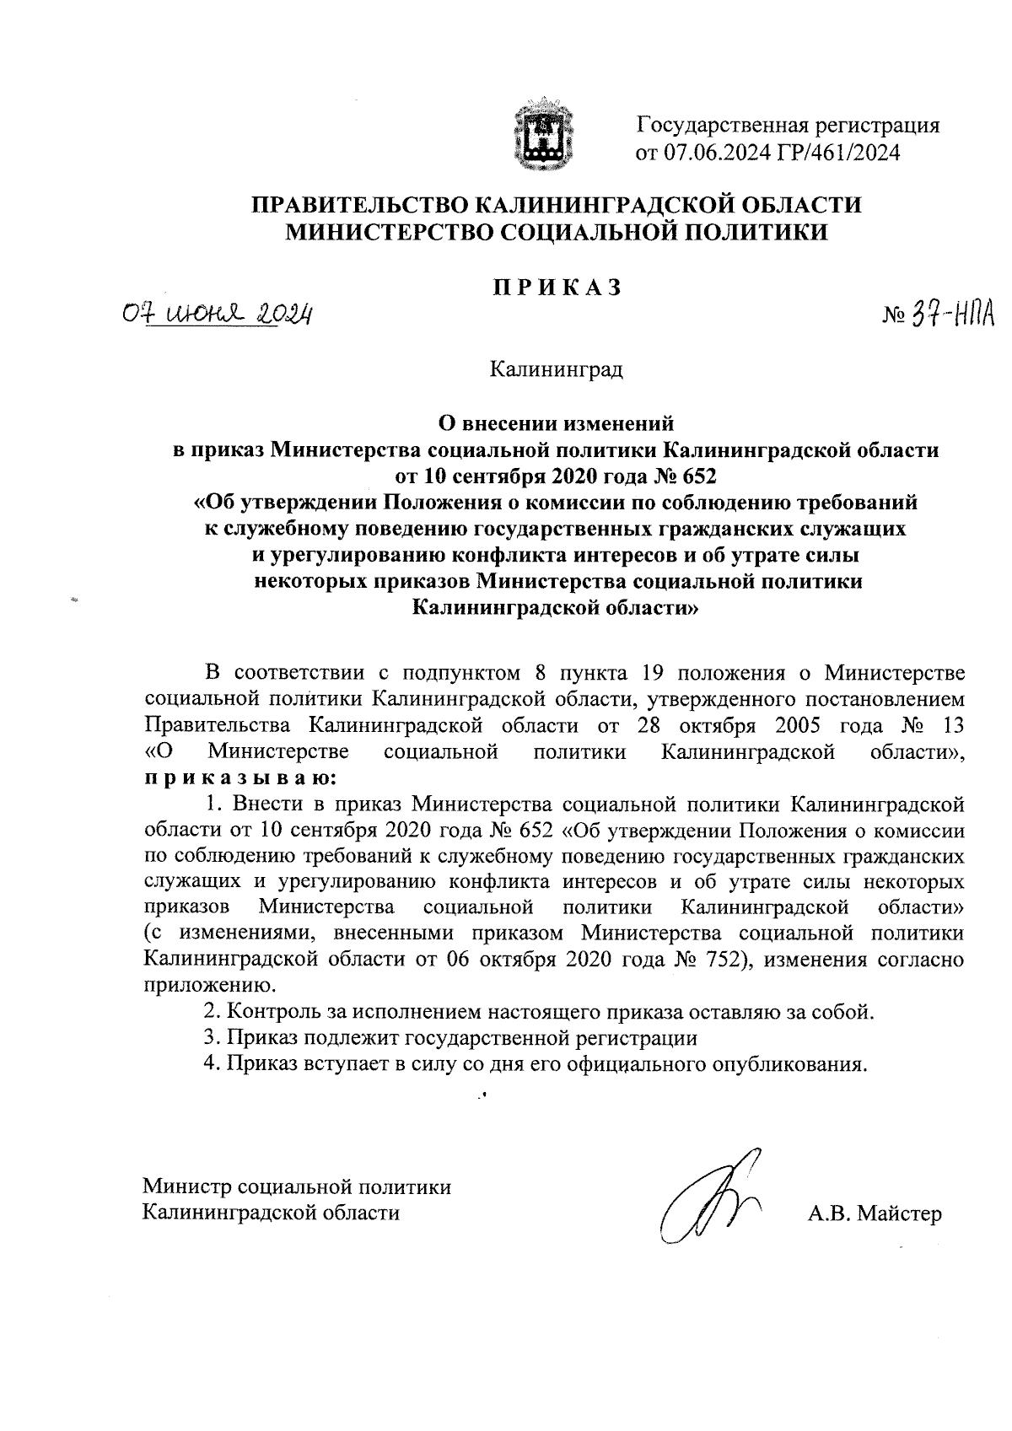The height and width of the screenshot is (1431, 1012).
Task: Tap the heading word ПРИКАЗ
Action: (x=557, y=287)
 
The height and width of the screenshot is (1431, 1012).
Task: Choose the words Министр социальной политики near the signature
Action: (x=297, y=1187)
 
